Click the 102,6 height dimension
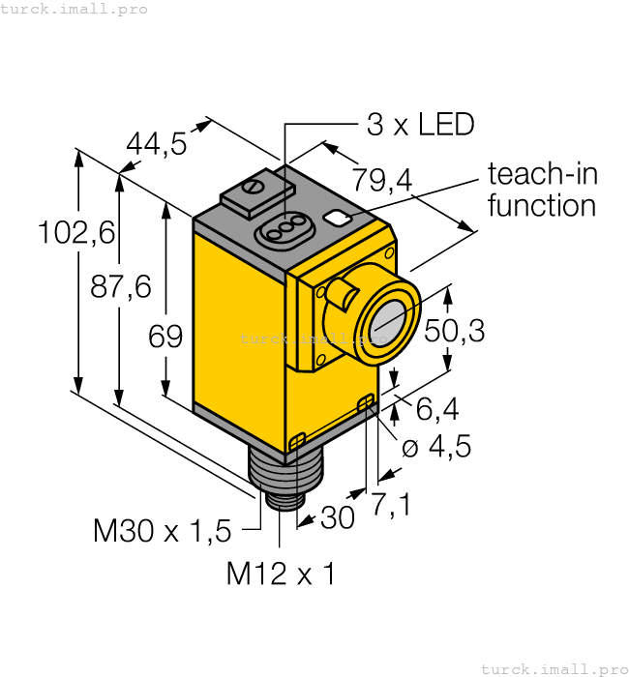click(x=75, y=233)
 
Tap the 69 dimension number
click(x=165, y=337)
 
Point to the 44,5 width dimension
click(x=157, y=144)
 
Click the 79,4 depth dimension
click(x=382, y=179)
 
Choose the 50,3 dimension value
click(x=454, y=331)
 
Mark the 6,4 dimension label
click(x=437, y=410)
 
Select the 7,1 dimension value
click(x=391, y=503)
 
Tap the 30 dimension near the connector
click(x=337, y=518)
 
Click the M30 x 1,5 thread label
click(x=163, y=530)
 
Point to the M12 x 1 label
click(x=281, y=574)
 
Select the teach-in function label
click(x=542, y=190)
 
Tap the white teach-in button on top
click(x=339, y=218)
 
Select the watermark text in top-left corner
click(x=75, y=9)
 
